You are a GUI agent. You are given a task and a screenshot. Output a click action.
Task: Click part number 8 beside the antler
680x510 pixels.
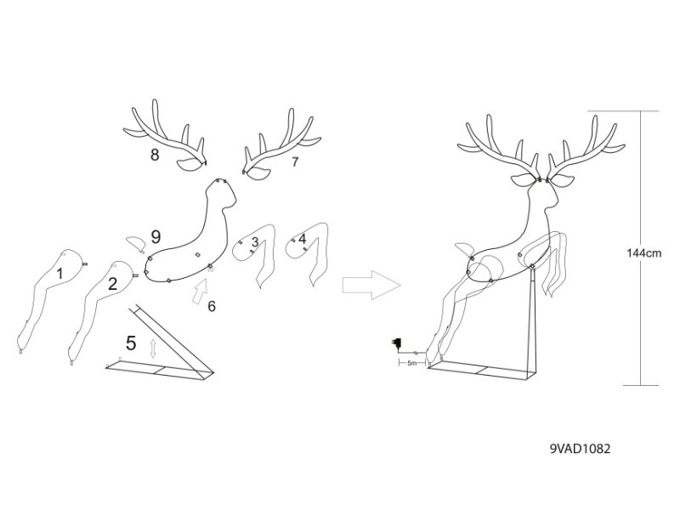[155, 155]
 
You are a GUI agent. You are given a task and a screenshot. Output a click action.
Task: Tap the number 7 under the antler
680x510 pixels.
[295, 161]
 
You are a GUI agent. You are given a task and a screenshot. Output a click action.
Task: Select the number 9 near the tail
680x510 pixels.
[156, 237]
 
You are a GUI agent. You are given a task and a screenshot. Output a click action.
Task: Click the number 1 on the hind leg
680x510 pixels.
[59, 274]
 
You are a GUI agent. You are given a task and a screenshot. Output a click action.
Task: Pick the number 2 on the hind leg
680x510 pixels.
[112, 284]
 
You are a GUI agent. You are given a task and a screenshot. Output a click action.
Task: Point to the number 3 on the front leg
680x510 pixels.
[255, 241]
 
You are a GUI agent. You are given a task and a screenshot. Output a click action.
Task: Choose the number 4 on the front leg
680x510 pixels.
[303, 239]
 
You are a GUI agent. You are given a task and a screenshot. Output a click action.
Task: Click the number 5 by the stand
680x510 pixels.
[131, 343]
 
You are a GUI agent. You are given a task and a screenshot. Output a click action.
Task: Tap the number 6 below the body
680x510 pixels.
[212, 307]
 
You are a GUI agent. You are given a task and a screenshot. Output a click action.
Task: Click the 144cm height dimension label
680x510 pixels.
[644, 252]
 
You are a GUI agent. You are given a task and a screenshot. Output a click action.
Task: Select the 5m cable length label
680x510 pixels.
[411, 364]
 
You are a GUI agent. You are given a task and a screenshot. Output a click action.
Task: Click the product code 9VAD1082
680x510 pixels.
[580, 449]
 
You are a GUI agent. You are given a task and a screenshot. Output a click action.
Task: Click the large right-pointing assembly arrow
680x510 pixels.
[371, 285]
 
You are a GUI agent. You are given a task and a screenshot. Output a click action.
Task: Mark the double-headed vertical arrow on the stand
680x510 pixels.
[153, 348]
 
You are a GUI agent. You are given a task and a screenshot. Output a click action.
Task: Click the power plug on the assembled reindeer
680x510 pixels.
[396, 343]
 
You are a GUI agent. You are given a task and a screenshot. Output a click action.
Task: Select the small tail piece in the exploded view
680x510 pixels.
[134, 242]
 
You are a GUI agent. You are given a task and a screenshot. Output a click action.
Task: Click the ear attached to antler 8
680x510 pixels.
[190, 165]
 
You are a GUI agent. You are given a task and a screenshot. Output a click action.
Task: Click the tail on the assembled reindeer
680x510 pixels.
[464, 249]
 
